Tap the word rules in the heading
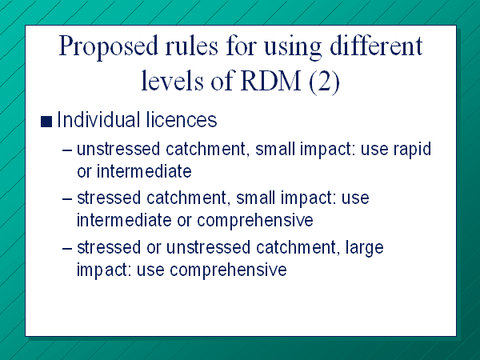[x=192, y=46]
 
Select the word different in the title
[x=376, y=46]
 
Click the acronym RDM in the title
[x=271, y=81]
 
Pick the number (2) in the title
[x=324, y=82]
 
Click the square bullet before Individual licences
[x=46, y=122]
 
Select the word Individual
[x=98, y=119]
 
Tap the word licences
[x=182, y=119]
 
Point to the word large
[x=364, y=249]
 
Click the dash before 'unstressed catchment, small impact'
[x=67, y=150]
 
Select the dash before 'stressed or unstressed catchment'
[x=67, y=248]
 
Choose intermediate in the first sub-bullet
[x=144, y=171]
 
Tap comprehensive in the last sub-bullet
[x=228, y=270]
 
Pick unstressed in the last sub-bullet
[x=208, y=247]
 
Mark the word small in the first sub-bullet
[x=274, y=149]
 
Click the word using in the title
[x=293, y=48]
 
